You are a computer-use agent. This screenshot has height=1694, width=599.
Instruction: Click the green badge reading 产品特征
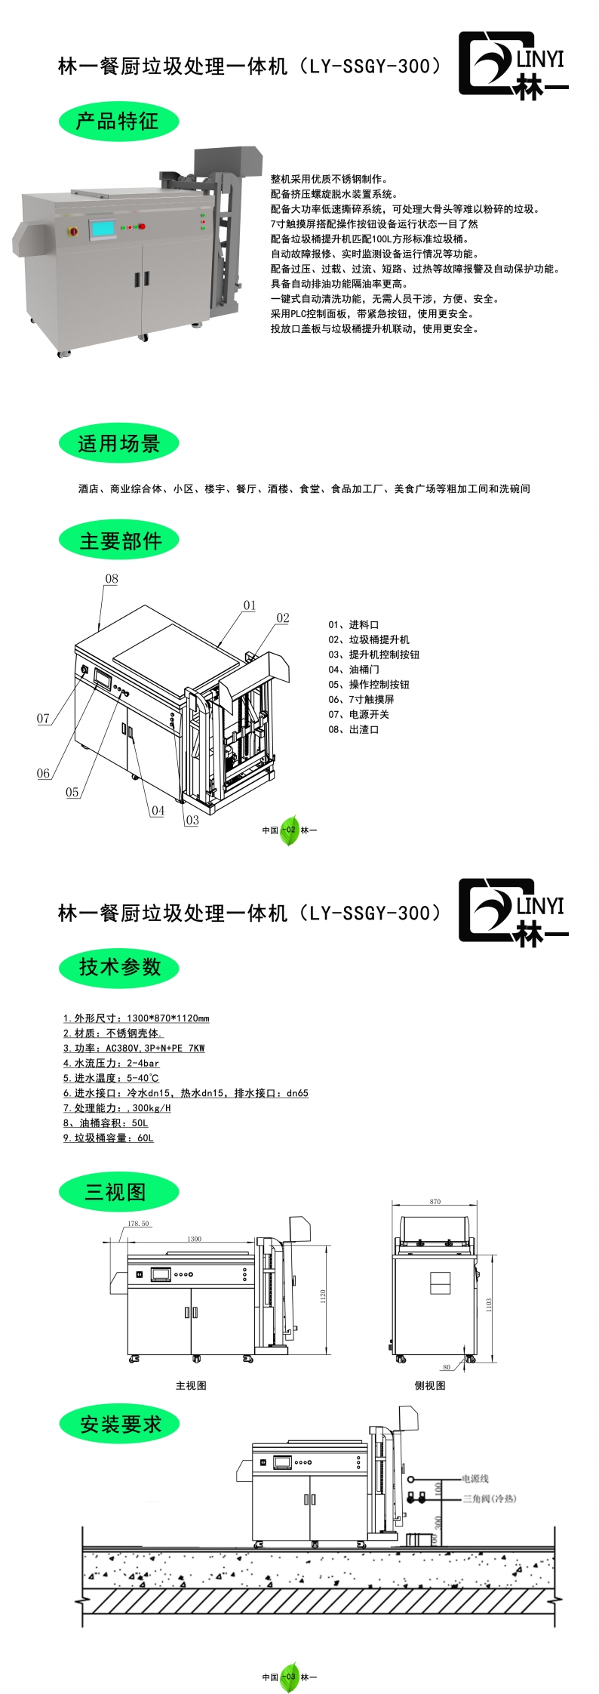(118, 121)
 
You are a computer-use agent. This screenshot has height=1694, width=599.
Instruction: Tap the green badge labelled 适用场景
(118, 443)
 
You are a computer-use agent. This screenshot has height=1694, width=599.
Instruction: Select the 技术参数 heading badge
(118, 967)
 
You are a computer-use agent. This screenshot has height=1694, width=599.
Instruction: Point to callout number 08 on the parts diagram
(112, 579)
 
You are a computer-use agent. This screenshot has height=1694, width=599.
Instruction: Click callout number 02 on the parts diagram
(283, 618)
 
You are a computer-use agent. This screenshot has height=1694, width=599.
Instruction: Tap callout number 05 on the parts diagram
(72, 793)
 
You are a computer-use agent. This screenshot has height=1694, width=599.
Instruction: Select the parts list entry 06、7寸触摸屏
(361, 700)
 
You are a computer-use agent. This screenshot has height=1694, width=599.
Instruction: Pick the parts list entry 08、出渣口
(353, 730)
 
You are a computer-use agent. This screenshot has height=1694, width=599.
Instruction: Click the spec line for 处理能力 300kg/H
(117, 1108)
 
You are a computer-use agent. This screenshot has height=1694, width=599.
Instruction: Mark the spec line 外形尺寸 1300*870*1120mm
(136, 1018)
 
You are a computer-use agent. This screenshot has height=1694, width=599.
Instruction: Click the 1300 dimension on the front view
(195, 1239)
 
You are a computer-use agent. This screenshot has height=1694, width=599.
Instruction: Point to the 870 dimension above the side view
(435, 1202)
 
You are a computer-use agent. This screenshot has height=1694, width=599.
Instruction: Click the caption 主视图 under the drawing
(191, 1385)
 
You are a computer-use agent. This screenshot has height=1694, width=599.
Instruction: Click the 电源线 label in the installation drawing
(475, 1479)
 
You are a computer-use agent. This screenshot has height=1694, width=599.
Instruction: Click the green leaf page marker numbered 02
(290, 830)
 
